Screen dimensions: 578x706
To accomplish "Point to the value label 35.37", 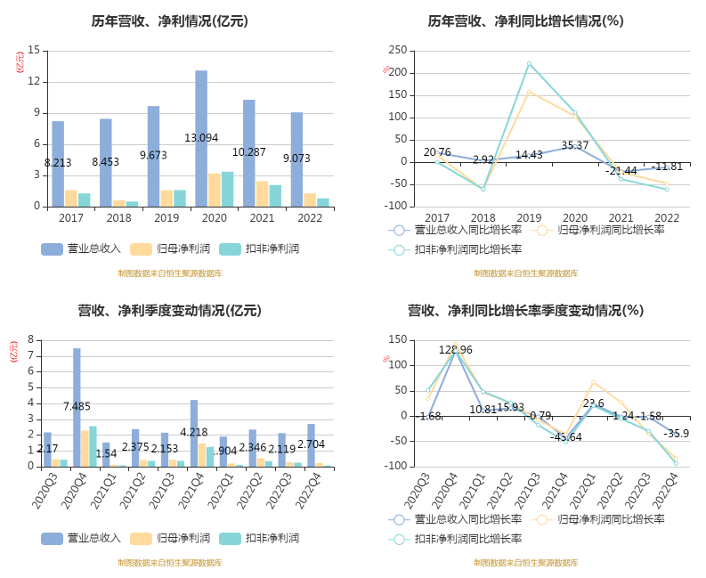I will click(575, 145).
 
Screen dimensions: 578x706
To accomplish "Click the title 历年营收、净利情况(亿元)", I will click(169, 20).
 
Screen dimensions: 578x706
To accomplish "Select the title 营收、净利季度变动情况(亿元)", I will click(169, 310).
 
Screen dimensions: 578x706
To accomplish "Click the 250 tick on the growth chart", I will click(398, 50).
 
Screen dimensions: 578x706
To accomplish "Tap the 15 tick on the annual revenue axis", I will click(34, 50).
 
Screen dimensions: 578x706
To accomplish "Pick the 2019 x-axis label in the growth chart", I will click(529, 218).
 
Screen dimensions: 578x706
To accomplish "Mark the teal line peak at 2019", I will click(529, 63).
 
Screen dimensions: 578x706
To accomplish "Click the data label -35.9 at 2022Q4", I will click(677, 434).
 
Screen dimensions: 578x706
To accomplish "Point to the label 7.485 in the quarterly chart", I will click(77, 407).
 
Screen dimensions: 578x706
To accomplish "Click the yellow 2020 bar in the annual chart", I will click(215, 189).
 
